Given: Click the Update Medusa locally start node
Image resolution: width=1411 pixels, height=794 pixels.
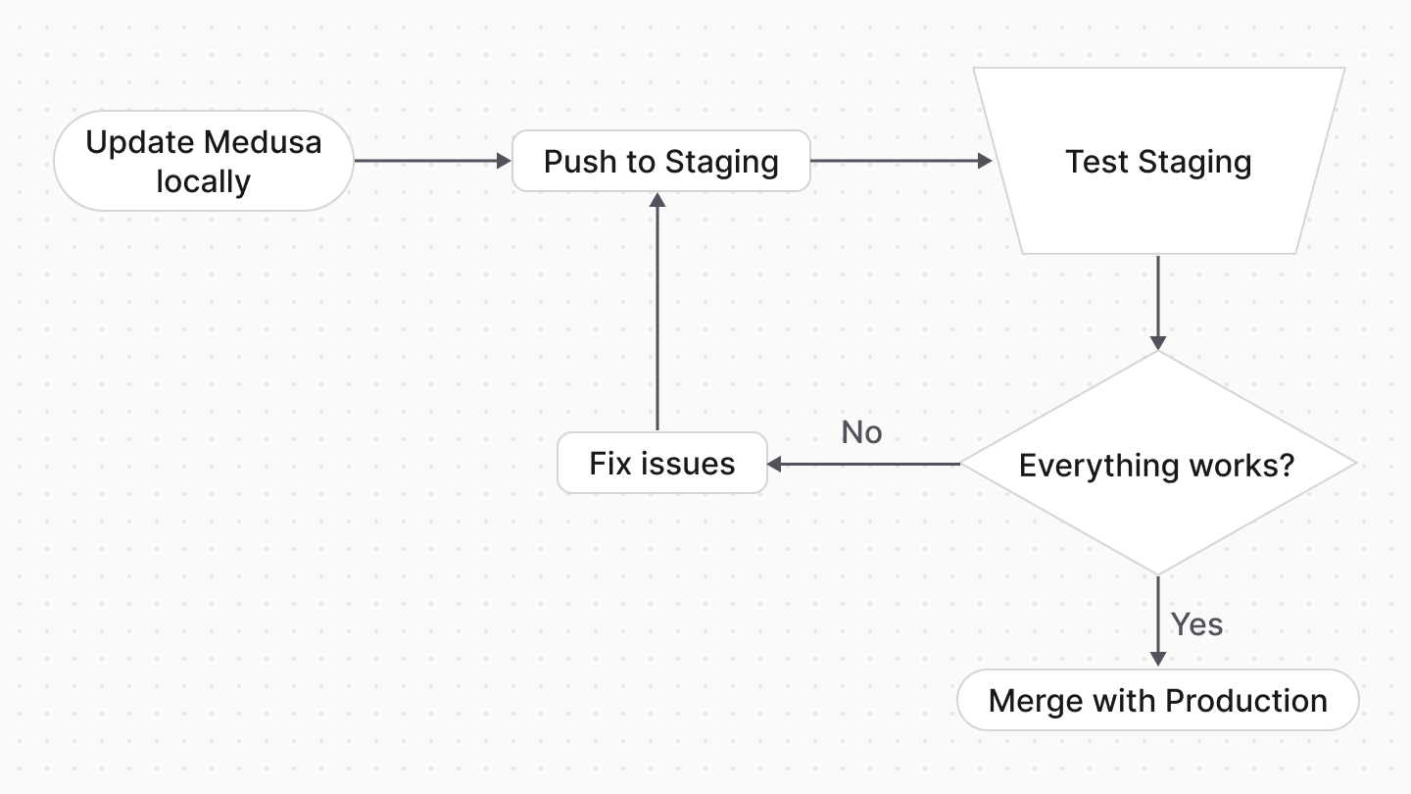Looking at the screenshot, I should (203, 161).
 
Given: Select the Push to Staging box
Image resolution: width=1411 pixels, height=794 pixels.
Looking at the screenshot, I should (661, 161).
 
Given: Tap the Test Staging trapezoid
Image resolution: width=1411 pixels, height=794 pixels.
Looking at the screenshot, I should (1158, 161).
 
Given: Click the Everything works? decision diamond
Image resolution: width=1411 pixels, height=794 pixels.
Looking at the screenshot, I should (1157, 464).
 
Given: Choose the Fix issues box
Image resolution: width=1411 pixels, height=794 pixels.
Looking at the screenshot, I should (661, 463).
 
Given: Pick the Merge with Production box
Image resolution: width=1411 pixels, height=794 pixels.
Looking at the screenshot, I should (1157, 701).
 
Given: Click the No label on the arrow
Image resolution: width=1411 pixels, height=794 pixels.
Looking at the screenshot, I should (861, 432).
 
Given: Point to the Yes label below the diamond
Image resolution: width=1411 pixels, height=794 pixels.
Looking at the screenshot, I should (1196, 624).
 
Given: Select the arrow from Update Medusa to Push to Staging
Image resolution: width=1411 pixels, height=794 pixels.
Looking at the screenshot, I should (431, 161).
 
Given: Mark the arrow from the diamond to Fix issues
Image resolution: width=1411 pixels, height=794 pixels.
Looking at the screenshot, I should (862, 464).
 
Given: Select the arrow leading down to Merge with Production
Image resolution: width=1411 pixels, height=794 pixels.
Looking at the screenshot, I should (1158, 620).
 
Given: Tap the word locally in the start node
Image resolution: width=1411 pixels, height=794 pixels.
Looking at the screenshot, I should (203, 181).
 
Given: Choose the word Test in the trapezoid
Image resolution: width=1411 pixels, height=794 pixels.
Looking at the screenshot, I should (1097, 161).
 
